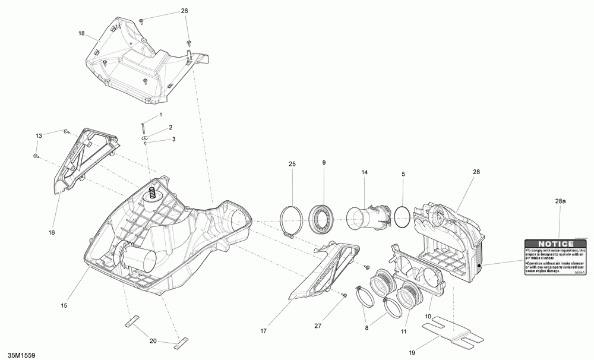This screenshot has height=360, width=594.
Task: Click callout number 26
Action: [x=184, y=11]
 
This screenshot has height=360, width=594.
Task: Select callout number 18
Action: [x=82, y=33]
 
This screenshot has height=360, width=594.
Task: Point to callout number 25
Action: [x=292, y=163]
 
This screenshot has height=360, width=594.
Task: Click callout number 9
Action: [x=324, y=163]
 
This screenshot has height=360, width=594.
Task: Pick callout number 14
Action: [x=365, y=172]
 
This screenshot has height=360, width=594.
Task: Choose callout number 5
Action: [x=403, y=174]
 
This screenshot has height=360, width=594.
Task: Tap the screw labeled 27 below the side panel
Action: [x=345, y=295]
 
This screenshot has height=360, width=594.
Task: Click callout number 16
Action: [x=52, y=232]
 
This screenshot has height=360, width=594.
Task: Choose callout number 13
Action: [x=39, y=136]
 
